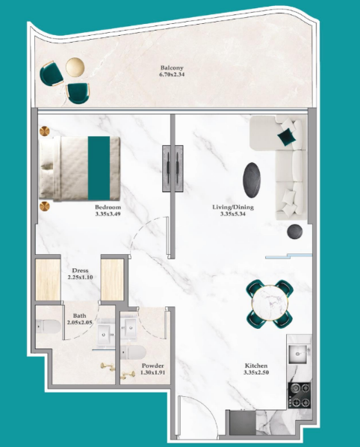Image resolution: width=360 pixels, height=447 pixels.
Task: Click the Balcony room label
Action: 172,68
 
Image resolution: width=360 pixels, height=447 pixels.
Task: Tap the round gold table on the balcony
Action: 75,67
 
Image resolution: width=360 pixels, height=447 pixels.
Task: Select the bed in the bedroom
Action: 79,168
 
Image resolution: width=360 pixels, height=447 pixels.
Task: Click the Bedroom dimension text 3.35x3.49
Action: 108,214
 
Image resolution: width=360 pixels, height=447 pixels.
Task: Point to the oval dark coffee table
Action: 252,180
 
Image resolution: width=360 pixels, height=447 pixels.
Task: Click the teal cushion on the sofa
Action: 287,137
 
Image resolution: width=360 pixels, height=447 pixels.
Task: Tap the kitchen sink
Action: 298,354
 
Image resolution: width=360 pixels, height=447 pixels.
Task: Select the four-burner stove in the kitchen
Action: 299,395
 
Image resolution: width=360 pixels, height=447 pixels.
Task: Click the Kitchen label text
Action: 256,366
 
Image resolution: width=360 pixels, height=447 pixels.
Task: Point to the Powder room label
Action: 152,366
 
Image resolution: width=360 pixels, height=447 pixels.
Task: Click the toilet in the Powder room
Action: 133,353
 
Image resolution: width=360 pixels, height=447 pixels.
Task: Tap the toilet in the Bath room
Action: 48,327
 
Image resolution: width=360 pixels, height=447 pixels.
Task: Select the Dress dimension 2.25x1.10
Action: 81,277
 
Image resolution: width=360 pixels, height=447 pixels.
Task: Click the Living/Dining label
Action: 233,207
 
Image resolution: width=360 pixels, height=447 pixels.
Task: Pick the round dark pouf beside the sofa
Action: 295,232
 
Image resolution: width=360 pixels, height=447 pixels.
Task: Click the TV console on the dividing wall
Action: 173,168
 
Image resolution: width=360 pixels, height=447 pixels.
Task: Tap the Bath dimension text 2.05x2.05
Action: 79,322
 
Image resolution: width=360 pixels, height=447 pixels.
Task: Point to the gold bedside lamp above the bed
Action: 44,132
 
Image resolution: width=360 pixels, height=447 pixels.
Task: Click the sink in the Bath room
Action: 105,334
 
